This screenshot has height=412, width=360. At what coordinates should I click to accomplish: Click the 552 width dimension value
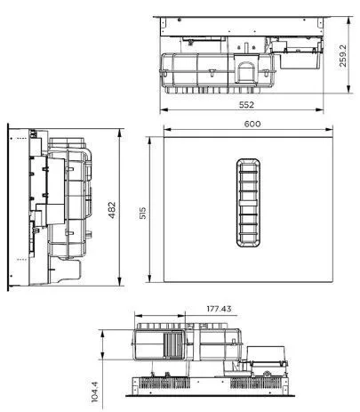coord(246,105)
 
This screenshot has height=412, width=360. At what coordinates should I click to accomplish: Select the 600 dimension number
coord(252,124)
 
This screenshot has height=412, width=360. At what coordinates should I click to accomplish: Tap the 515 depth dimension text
coord(143,214)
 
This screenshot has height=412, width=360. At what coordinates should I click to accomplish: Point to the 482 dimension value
coord(112,210)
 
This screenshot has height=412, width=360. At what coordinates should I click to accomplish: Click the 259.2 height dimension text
coord(342,55)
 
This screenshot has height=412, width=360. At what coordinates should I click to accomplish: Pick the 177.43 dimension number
coord(219,309)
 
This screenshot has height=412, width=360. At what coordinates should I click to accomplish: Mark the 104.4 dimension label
coord(95,392)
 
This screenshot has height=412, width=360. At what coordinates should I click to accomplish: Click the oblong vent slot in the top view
coord(248,203)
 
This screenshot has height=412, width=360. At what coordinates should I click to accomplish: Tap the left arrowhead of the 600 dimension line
coord(168,129)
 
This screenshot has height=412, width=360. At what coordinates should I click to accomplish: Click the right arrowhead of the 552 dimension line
coord(319,109)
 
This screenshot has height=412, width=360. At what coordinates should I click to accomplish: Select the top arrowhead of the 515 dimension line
coord(149,141)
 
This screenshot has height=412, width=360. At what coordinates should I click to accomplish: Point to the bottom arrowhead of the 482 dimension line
coord(120,281)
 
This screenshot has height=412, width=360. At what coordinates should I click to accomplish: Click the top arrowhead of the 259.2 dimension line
coord(349,21)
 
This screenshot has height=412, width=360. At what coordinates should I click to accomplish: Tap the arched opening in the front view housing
coord(245,72)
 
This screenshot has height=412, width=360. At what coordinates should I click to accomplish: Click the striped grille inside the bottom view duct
coord(173,345)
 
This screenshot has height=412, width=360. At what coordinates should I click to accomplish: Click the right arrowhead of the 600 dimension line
coord(329,129)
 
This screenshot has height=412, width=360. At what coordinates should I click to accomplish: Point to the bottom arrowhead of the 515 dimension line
coord(149,279)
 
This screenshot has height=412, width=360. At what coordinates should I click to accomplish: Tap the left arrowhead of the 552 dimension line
coord(164,109)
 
